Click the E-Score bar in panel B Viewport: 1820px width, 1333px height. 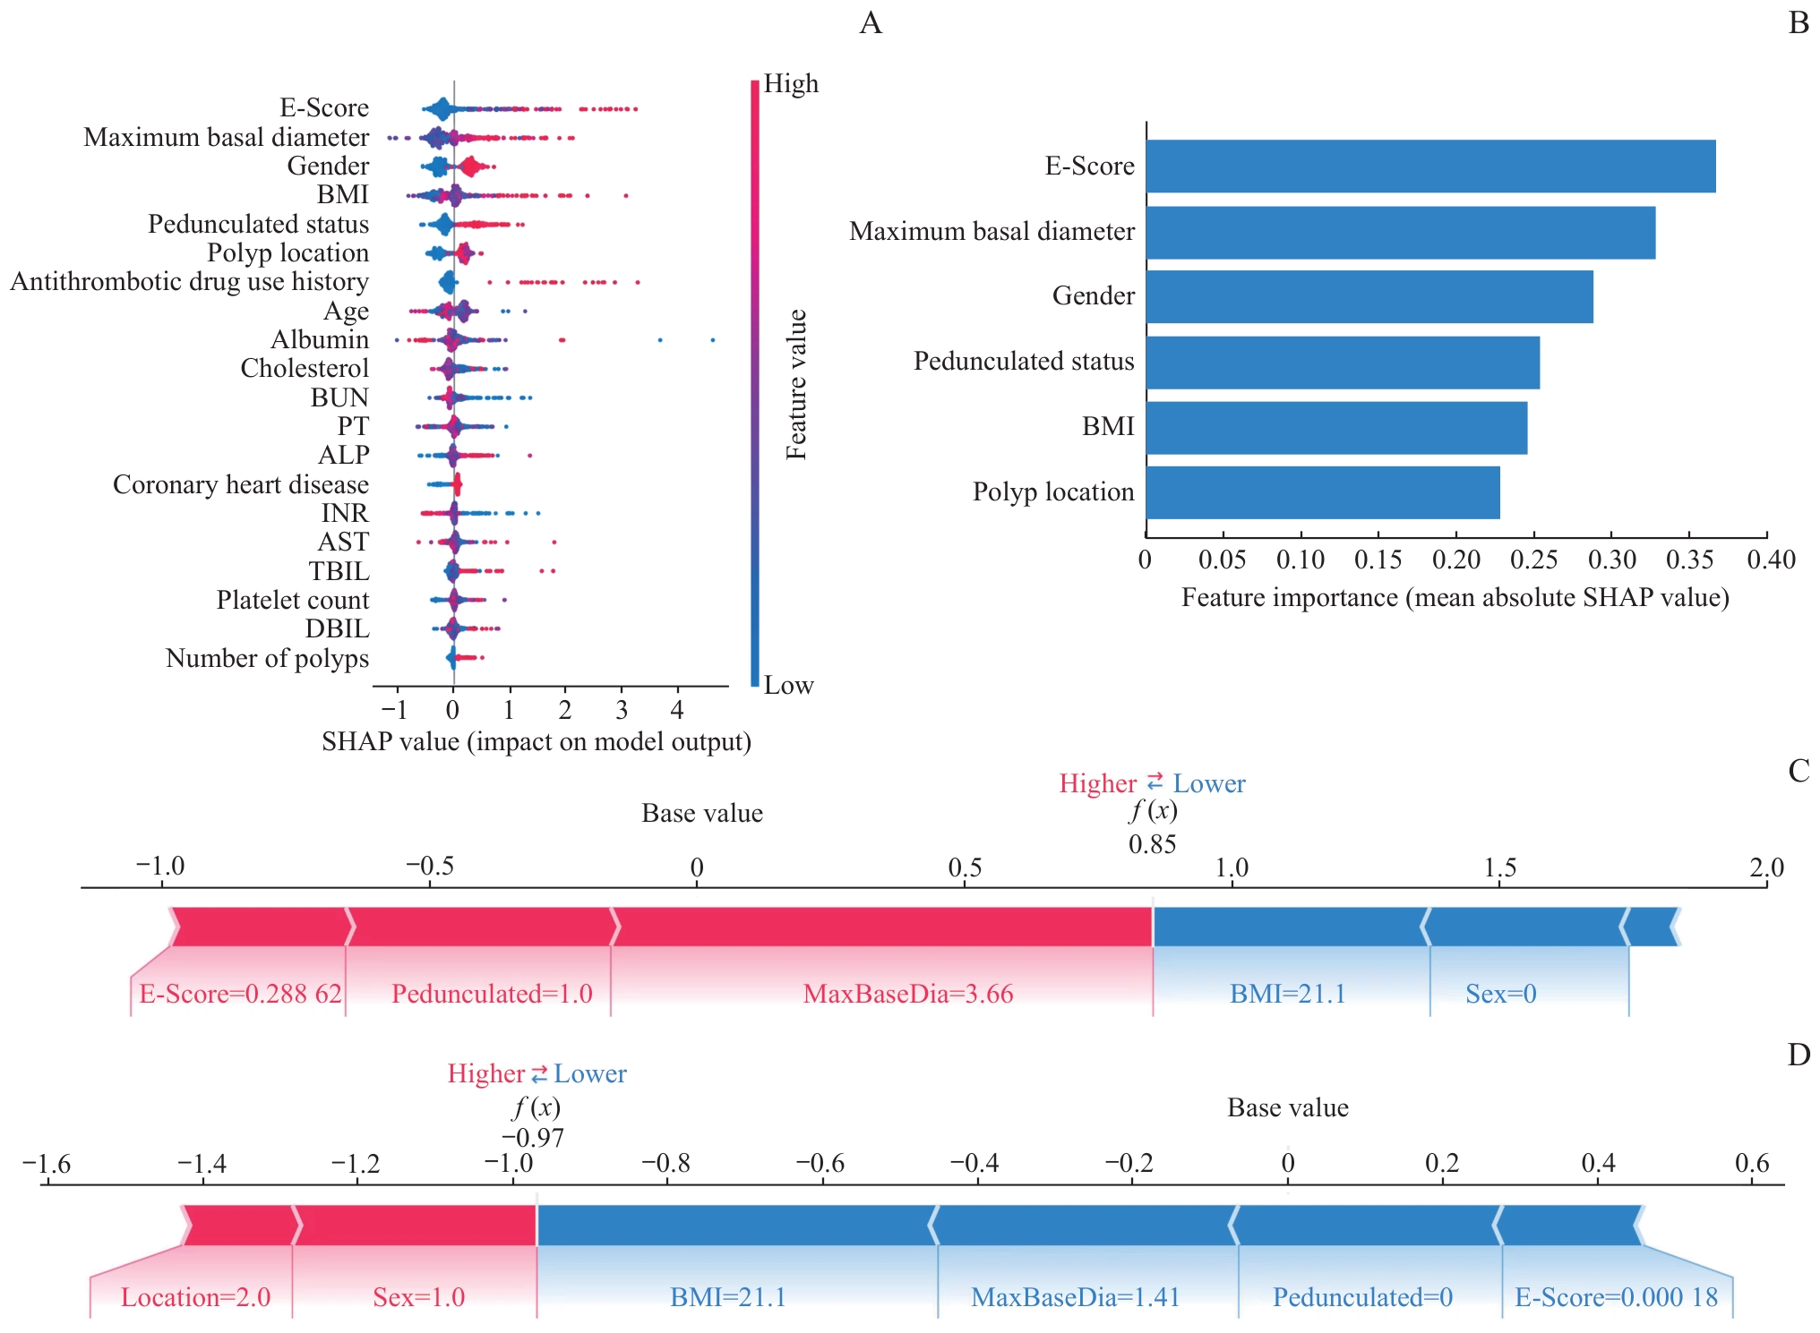(x=1430, y=167)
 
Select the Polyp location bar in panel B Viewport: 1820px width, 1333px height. (x=1323, y=492)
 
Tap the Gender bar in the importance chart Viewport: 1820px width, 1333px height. (x=1369, y=296)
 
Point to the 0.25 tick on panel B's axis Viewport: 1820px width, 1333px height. (x=1533, y=560)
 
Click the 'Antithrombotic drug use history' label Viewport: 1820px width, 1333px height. (x=190, y=282)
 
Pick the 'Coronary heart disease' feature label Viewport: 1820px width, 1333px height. (x=241, y=484)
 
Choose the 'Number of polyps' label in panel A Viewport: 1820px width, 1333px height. (x=267, y=658)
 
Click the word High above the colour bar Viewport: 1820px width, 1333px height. (x=791, y=83)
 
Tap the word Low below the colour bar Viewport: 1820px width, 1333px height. (x=788, y=685)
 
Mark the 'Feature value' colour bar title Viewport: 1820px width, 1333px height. (x=796, y=385)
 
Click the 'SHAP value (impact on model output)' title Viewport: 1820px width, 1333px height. (x=537, y=741)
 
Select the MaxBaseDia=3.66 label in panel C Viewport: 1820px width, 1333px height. (x=908, y=994)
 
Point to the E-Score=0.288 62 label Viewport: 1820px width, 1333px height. (x=240, y=994)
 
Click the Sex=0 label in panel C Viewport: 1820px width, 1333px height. (x=1501, y=994)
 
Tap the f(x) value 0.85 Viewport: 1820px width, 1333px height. (x=1152, y=844)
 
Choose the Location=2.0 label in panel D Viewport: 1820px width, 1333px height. (x=195, y=1297)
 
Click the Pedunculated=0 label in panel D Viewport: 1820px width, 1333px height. (x=1362, y=1297)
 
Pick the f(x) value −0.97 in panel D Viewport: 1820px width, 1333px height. (x=533, y=1138)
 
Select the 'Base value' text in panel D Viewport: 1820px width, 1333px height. (x=1287, y=1108)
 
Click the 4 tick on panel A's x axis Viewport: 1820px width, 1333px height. (x=677, y=710)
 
